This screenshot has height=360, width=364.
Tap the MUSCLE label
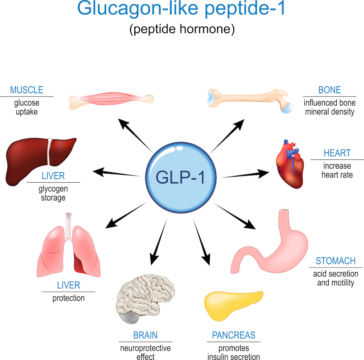point(27,90)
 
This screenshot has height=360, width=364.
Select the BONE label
point(329,90)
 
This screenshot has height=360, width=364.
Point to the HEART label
point(337,153)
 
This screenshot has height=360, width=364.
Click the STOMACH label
point(336,261)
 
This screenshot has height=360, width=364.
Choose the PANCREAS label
point(234,335)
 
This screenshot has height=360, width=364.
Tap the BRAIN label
point(145,335)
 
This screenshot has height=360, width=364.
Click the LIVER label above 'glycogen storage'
point(53,176)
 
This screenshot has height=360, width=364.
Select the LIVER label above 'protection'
point(68,285)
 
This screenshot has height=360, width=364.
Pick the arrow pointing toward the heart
point(248,174)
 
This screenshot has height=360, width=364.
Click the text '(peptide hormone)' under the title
point(182,29)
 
